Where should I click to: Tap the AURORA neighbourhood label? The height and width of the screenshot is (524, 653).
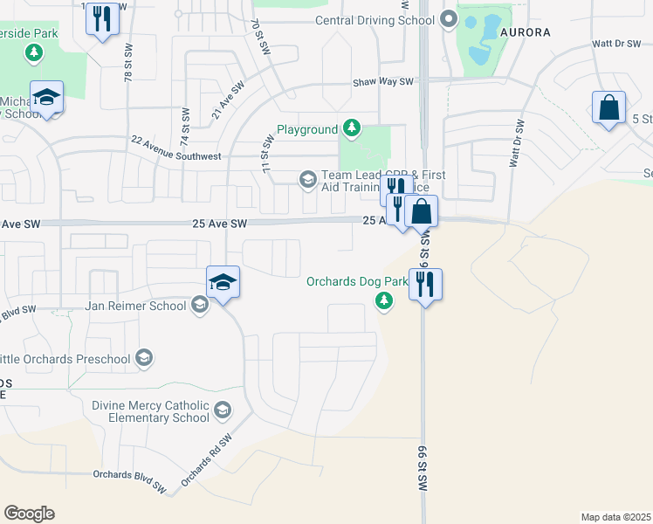click(x=526, y=32)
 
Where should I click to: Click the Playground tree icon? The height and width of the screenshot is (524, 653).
click(x=352, y=129)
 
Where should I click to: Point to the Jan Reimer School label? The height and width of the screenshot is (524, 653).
click(x=135, y=306)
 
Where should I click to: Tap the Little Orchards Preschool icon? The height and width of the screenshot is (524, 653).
click(x=144, y=357)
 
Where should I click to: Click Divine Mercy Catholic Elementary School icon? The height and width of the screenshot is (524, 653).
click(x=223, y=410)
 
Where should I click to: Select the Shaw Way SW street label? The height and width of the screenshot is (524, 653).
click(x=382, y=82)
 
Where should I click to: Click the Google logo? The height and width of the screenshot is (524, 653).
click(x=29, y=514)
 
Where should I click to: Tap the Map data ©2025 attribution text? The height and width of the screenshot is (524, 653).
click(x=615, y=517)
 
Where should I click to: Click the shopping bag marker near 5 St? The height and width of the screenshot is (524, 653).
click(x=608, y=109)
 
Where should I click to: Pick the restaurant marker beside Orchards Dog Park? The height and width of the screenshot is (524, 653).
click(x=425, y=285)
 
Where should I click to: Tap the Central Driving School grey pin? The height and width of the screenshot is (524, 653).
click(x=449, y=18)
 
